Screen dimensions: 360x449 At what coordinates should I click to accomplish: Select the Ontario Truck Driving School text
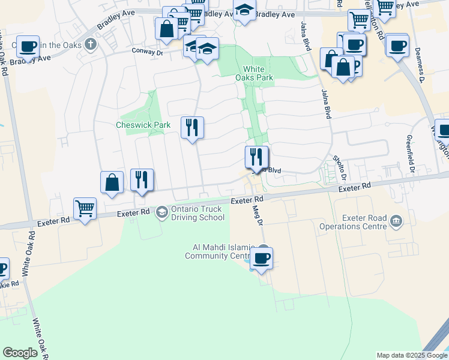[197, 213]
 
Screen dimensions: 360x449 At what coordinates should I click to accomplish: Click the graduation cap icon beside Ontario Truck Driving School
[162, 212]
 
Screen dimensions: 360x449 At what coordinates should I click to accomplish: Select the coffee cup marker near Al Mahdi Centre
[261, 259]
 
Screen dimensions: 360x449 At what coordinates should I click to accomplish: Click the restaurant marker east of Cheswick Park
[192, 128]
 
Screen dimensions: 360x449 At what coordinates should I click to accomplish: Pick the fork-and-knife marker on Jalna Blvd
[257, 158]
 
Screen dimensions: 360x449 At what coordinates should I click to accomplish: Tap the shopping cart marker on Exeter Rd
[85, 209]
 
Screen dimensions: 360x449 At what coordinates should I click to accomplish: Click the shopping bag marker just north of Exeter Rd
[112, 182]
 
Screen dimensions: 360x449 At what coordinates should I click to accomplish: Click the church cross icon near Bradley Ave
[90, 44]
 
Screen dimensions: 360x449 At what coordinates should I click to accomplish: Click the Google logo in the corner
[20, 353]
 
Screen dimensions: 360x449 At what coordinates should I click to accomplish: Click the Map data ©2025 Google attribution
[411, 355]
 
